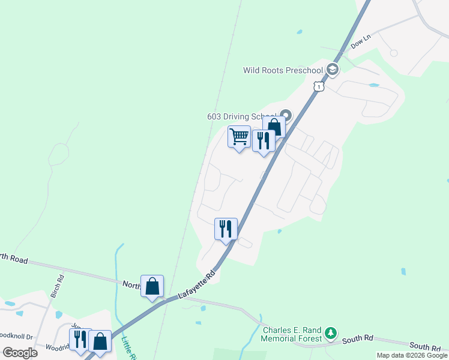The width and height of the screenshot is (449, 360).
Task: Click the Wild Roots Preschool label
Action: click(x=283, y=71)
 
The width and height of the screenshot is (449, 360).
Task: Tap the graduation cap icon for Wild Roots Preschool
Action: click(x=333, y=71)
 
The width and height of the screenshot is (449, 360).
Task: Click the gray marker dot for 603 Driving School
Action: click(x=286, y=116)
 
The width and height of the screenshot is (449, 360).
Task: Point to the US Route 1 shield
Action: click(x=318, y=87)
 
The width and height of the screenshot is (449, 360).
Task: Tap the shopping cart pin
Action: click(x=239, y=137)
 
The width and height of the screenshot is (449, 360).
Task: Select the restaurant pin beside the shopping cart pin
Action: click(x=263, y=141)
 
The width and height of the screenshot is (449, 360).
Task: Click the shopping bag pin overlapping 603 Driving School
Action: click(x=274, y=127)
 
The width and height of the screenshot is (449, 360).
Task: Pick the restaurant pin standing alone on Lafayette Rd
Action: click(x=226, y=229)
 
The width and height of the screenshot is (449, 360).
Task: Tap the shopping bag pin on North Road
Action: click(x=152, y=286)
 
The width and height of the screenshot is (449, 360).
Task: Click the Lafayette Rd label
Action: click(x=196, y=286)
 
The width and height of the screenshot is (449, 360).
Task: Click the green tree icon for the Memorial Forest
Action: click(x=330, y=333)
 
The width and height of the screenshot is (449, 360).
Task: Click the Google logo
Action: click(x=20, y=352)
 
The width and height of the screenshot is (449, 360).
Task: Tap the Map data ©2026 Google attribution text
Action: click(x=412, y=355)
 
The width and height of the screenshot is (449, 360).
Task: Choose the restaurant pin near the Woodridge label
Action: click(x=80, y=340)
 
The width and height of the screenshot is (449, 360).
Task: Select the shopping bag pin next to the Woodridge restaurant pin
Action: click(x=100, y=341)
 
